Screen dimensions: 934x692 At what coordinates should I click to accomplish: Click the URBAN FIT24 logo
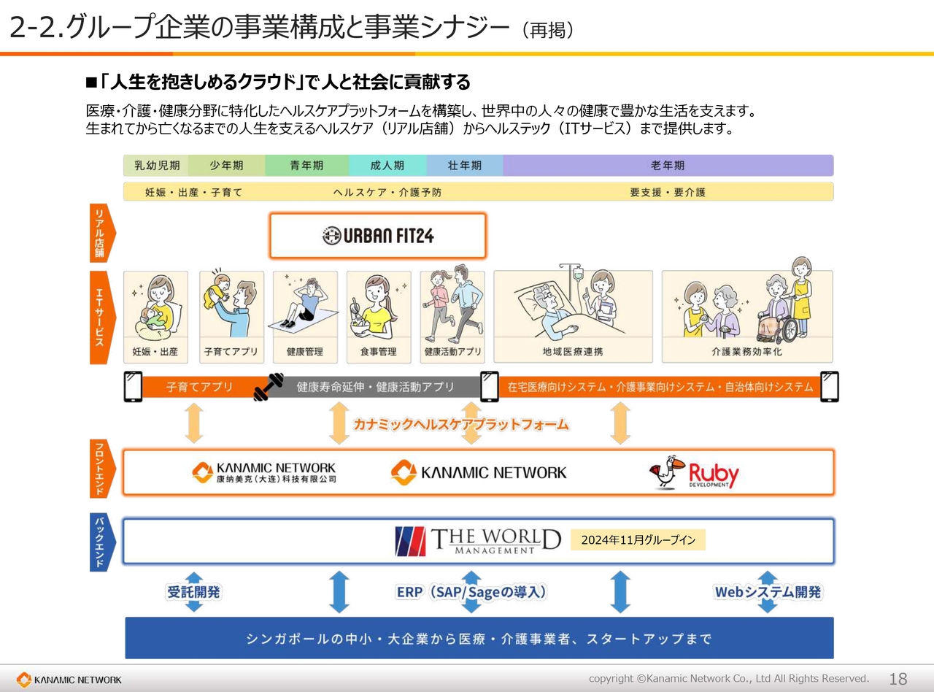(x=378, y=236)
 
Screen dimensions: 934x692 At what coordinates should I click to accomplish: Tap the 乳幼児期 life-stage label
(x=157, y=165)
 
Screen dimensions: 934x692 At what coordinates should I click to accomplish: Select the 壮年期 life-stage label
(x=465, y=165)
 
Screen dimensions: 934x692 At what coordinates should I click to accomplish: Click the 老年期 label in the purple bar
(x=668, y=165)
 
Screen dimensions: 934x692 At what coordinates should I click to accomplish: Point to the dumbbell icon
(x=269, y=386)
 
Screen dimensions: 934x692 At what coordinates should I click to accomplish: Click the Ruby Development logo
(x=694, y=472)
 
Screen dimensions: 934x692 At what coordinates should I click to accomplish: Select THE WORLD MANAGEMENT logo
(x=478, y=541)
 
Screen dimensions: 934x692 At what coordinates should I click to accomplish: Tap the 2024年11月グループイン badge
(x=638, y=540)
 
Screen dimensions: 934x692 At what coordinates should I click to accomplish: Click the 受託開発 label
(x=193, y=592)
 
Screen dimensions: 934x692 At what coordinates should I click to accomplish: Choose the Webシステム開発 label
(x=768, y=592)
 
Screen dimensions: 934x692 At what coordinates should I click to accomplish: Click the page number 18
(x=898, y=679)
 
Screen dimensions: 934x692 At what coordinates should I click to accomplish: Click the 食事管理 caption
(x=378, y=352)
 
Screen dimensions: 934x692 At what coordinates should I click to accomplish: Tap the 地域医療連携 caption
(x=573, y=352)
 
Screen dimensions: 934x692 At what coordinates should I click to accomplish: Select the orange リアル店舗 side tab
(x=101, y=233)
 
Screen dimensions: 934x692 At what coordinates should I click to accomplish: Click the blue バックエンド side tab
(x=101, y=542)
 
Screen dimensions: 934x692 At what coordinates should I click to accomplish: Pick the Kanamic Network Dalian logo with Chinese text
(x=264, y=472)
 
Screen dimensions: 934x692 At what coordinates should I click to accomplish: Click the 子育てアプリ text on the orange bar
(x=199, y=387)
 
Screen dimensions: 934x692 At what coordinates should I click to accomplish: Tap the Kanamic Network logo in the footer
(x=69, y=680)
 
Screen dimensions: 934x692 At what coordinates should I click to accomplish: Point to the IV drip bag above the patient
(x=578, y=274)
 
